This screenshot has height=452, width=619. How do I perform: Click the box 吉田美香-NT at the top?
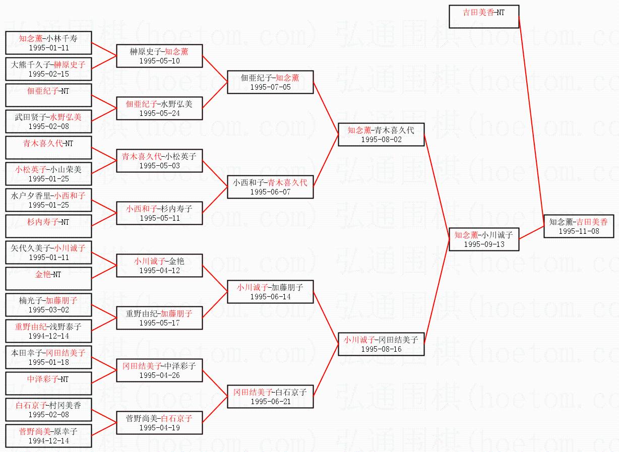483,17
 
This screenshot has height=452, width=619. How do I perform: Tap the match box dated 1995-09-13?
483,239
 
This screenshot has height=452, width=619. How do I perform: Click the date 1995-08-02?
381,140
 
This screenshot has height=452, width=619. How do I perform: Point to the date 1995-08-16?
381,349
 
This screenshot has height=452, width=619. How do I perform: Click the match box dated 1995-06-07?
270,187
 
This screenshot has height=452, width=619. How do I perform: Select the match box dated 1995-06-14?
270,292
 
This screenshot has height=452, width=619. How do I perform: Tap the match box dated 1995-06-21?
270,397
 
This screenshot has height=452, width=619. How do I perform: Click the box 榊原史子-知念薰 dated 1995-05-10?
159,56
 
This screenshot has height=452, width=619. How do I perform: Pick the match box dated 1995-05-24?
159,108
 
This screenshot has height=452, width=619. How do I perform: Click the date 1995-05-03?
159,166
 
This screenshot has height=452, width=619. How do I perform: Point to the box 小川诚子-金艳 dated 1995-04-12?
159,266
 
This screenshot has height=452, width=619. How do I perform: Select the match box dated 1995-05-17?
159,318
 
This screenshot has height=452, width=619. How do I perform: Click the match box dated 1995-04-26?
159,370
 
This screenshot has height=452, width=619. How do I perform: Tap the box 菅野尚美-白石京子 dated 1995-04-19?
159,423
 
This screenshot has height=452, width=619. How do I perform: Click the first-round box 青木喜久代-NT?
48,148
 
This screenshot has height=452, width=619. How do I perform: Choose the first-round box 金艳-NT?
48,279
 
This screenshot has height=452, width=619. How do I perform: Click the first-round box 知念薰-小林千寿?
48,43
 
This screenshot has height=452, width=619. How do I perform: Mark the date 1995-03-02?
48,310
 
